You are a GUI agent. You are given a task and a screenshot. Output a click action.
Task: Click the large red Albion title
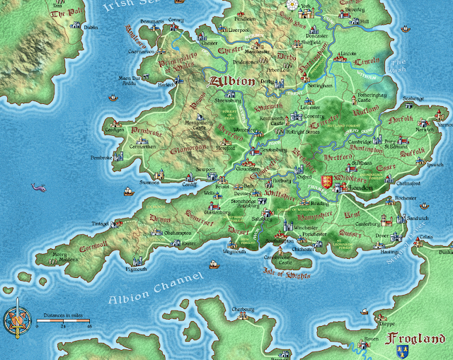tap(229, 81)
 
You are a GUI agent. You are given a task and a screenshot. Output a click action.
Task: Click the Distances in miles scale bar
tap(64, 321)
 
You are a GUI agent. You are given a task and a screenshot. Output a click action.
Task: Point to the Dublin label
tap(90, 27)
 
